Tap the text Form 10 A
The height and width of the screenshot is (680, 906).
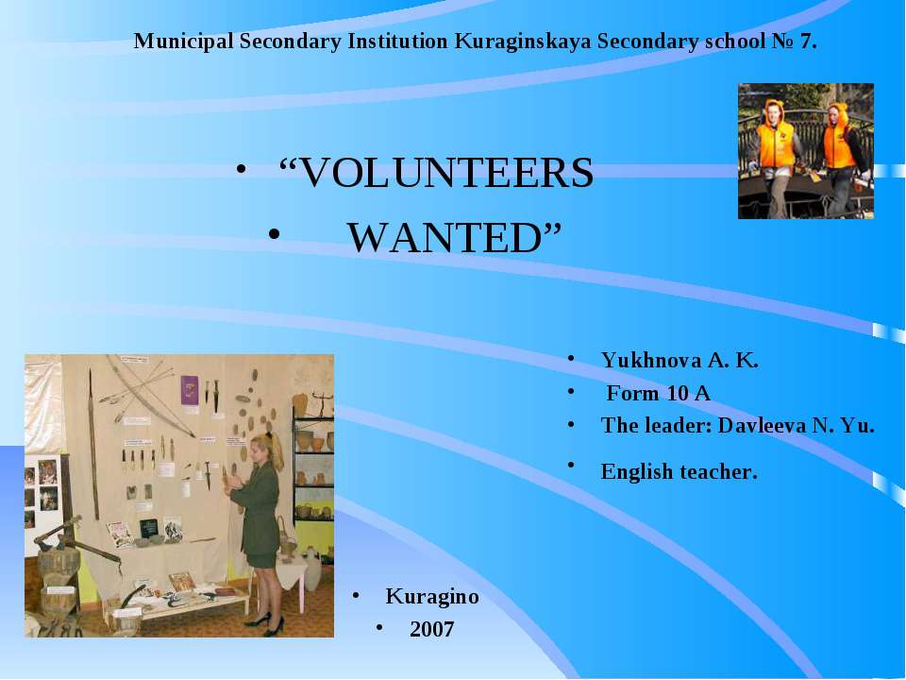[658, 393]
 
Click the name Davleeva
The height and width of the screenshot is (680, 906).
[760, 425]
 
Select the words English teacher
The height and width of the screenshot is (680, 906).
[679, 470]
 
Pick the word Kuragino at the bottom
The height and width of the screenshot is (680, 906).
[432, 597]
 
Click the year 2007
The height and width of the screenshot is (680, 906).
[432, 629]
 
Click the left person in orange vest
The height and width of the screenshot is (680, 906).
[777, 151]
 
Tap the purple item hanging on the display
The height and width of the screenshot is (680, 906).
[190, 389]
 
